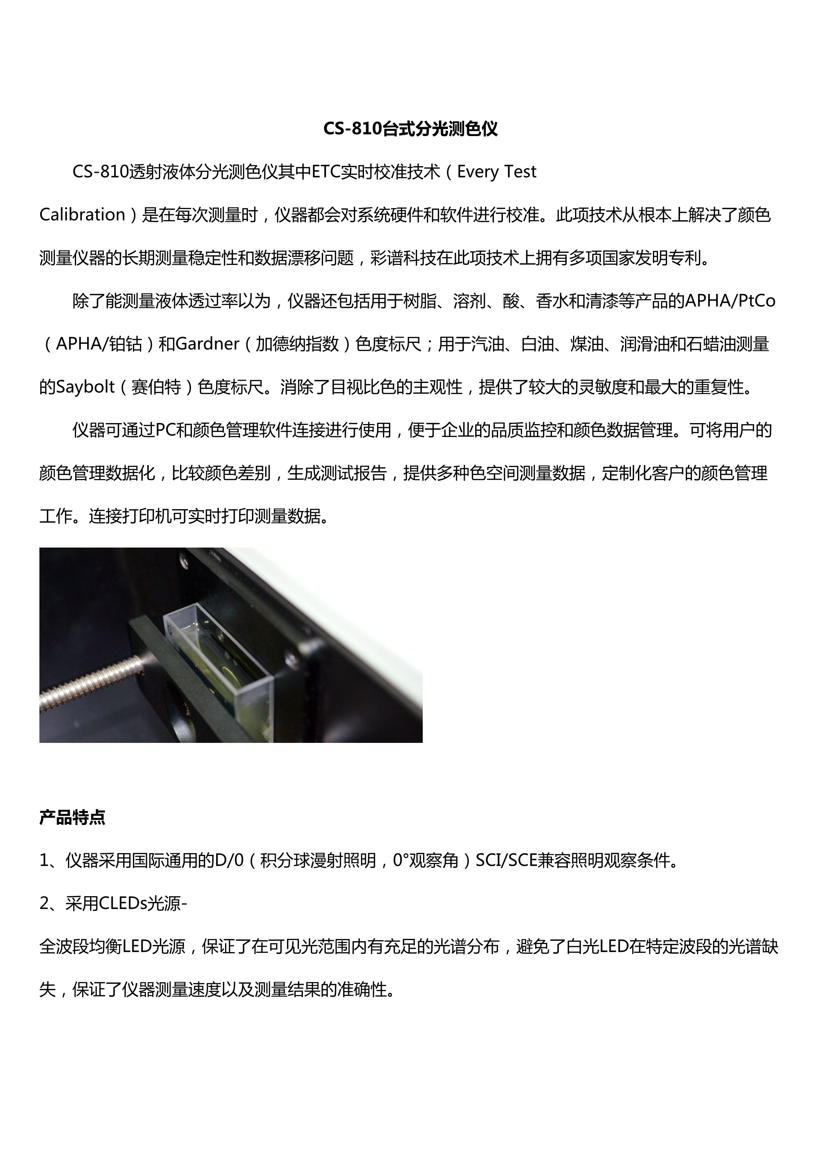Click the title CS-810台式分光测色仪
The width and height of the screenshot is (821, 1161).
[410, 129]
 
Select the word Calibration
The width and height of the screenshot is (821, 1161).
[82, 215]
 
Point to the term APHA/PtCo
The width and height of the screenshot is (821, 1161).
[730, 301]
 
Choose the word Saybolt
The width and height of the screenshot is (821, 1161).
[85, 387]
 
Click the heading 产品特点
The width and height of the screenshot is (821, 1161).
[72, 818]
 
